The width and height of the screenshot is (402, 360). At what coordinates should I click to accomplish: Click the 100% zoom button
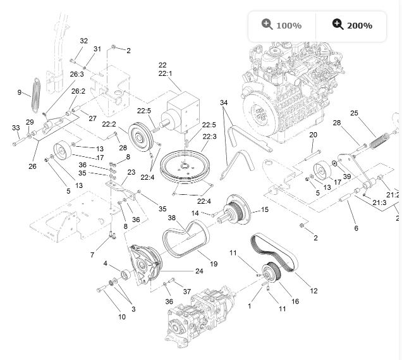[281, 25]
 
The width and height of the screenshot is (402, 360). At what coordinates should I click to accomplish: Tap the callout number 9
[20, 92]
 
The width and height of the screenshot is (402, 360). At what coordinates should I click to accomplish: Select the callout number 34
[224, 102]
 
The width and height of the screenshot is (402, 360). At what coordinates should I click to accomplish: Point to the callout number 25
[354, 113]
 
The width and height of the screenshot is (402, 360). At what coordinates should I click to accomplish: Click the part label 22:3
[210, 137]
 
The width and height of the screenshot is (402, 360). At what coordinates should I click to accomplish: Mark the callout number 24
[199, 271]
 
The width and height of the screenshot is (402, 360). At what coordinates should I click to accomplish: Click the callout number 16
[295, 302]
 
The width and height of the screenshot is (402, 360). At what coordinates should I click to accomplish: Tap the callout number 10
[121, 316]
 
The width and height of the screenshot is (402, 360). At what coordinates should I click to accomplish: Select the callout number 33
[16, 128]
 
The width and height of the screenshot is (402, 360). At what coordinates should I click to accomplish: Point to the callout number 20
[313, 135]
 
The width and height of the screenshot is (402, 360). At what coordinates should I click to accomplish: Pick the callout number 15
[264, 209]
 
